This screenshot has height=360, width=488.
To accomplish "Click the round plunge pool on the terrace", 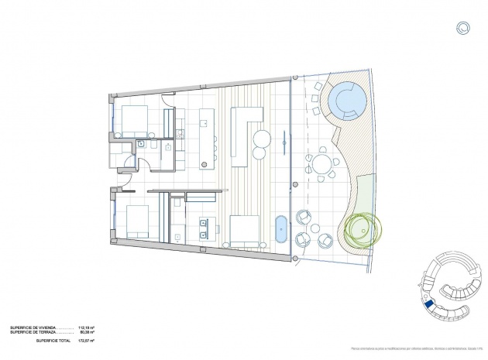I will coord(345,99).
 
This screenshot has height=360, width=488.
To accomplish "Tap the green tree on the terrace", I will coord(361,230).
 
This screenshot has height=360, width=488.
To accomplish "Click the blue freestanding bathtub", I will coord(280,231).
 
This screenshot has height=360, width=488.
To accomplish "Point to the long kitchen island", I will coord(207,138).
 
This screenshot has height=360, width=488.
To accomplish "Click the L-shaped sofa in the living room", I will coord(242,132).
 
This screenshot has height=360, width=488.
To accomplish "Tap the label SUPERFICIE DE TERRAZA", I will coord(32,333).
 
